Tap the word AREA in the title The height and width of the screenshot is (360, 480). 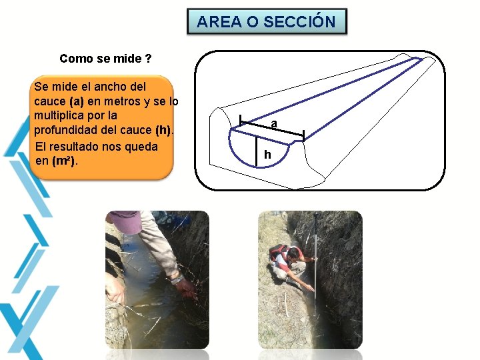point(219,21)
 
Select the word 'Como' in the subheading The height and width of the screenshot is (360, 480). point(76,59)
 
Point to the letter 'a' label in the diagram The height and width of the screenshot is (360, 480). point(274,123)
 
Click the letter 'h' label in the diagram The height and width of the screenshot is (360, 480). point(267,155)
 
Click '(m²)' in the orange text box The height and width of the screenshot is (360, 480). point(66,161)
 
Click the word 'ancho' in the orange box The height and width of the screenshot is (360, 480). point(113,87)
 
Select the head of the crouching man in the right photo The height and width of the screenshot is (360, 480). point(293,252)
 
